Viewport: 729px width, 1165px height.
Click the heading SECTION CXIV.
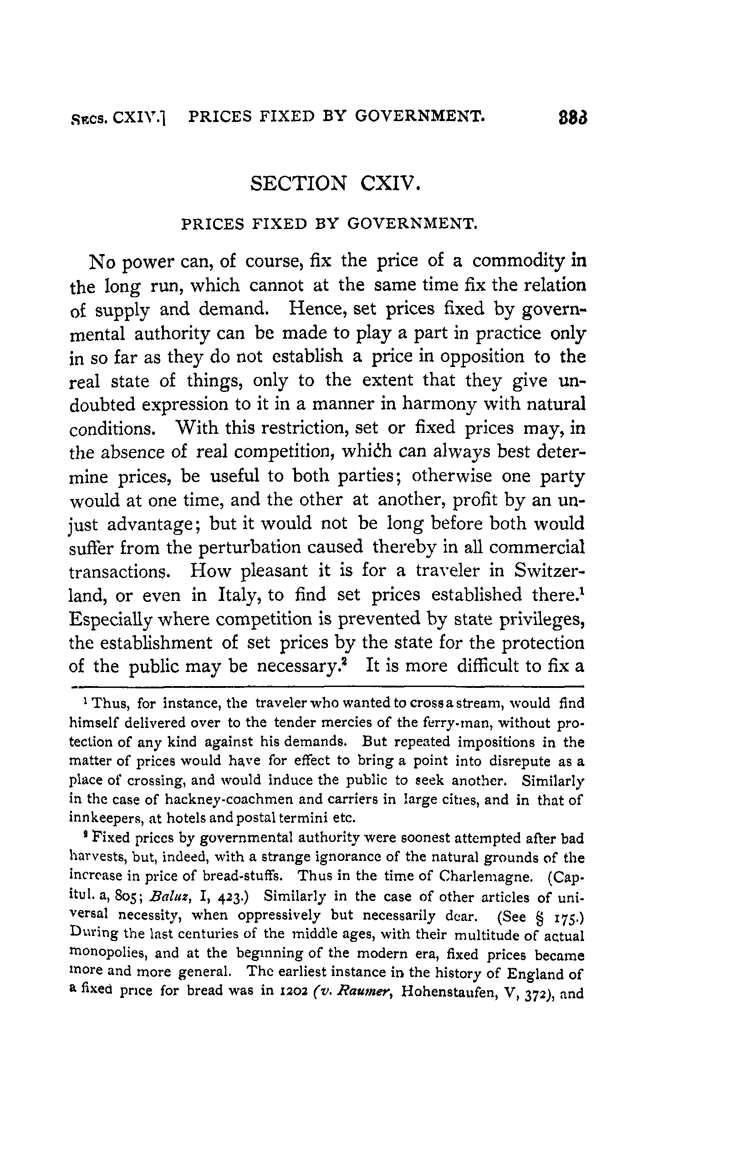(x=336, y=183)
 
